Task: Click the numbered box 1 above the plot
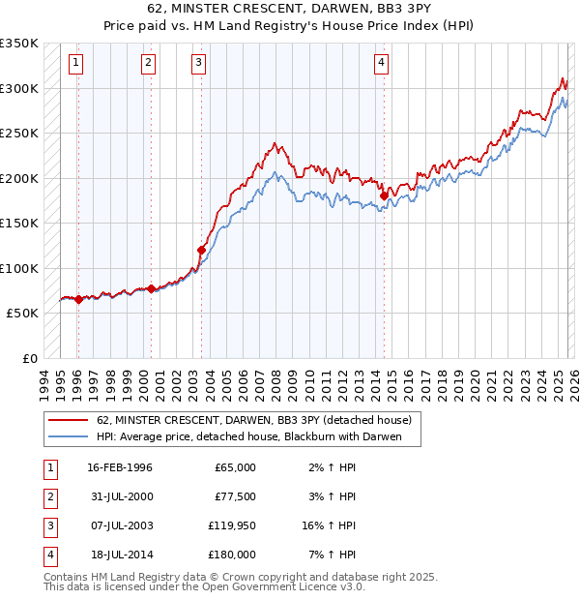pyautogui.click(x=75, y=64)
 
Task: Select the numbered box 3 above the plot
pyautogui.click(x=198, y=64)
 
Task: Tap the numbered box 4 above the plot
pyautogui.click(x=382, y=64)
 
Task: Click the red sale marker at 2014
pyautogui.click(x=384, y=195)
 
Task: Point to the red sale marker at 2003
pyautogui.click(x=201, y=250)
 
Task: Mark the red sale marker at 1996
pyautogui.click(x=78, y=300)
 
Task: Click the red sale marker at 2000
pyautogui.click(x=152, y=288)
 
